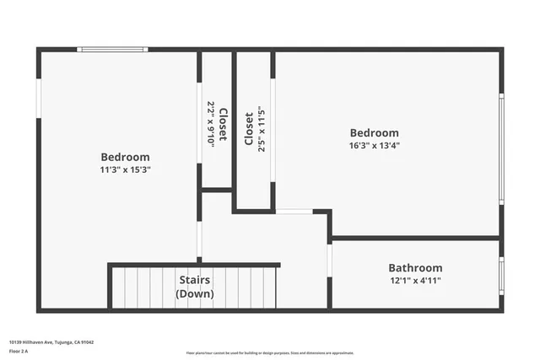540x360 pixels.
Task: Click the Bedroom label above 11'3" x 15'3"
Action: [125, 157]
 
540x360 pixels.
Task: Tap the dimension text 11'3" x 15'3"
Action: [125, 169]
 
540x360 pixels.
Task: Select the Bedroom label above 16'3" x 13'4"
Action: [375, 132]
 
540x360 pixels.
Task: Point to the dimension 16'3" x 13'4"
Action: [375, 145]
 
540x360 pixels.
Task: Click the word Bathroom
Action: [415, 267]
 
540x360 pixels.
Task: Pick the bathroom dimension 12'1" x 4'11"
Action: [415, 280]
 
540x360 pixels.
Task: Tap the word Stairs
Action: [194, 280]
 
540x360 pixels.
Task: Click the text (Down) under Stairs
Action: [194, 293]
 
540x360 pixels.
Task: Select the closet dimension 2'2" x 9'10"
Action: [211, 125]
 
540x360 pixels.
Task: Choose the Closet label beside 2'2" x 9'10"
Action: [223, 125]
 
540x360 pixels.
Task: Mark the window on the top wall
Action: [112, 50]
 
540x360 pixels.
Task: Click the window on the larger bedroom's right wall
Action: [501, 148]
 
